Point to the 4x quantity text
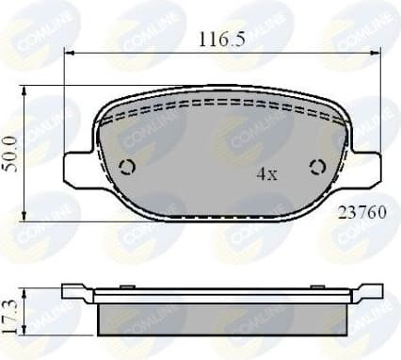tap(267, 174)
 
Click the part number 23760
tap(359, 212)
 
